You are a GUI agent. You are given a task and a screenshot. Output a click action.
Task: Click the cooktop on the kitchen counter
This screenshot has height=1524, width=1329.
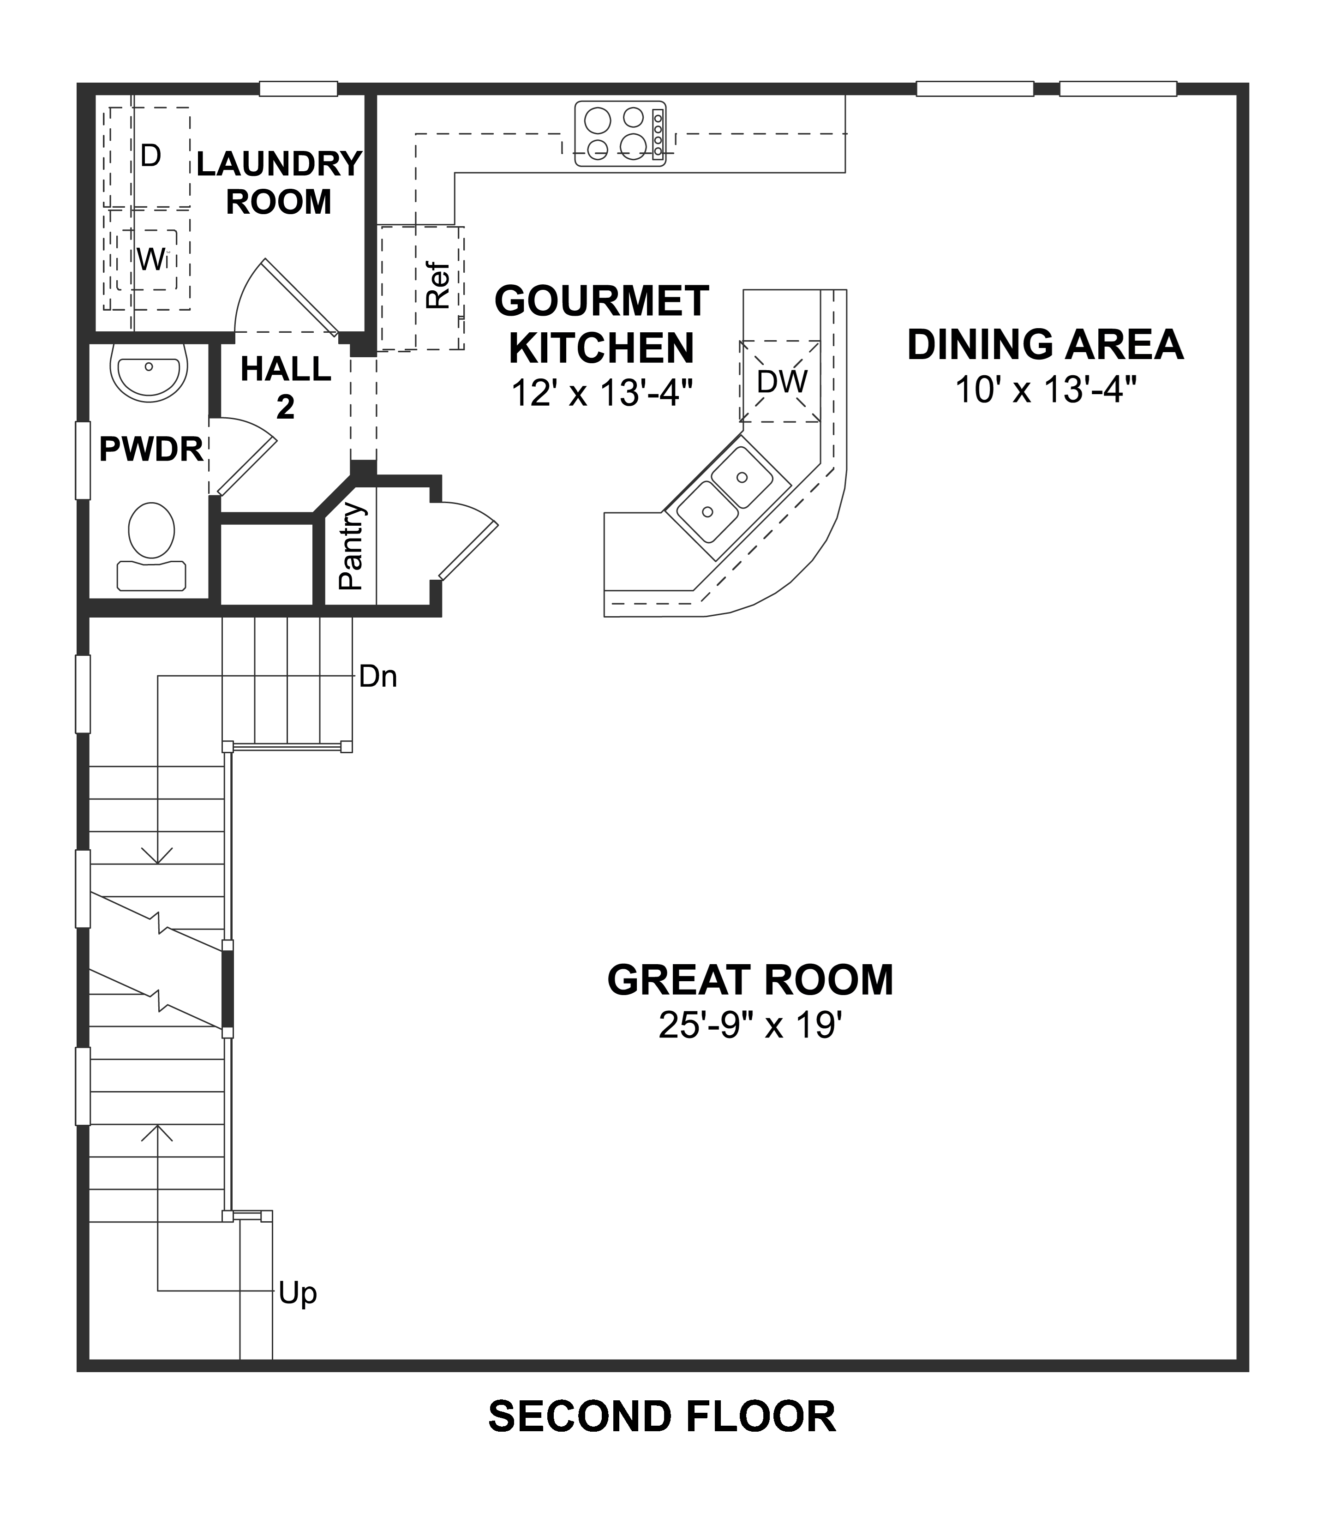(x=620, y=133)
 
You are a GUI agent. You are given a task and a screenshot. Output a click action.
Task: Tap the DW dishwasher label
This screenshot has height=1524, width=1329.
(x=782, y=382)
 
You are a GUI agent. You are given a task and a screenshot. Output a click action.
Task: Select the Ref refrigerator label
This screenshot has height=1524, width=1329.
(x=439, y=286)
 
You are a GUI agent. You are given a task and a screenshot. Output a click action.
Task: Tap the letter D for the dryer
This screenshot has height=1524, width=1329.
(x=150, y=156)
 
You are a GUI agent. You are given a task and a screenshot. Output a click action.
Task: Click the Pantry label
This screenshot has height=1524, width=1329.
(x=351, y=546)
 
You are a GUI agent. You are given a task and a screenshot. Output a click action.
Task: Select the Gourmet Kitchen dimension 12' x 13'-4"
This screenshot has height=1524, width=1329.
(x=601, y=393)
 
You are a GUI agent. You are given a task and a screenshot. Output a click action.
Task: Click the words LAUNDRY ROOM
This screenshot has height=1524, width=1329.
(x=278, y=182)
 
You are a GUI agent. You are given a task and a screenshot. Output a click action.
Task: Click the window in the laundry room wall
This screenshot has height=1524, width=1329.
(x=298, y=89)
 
